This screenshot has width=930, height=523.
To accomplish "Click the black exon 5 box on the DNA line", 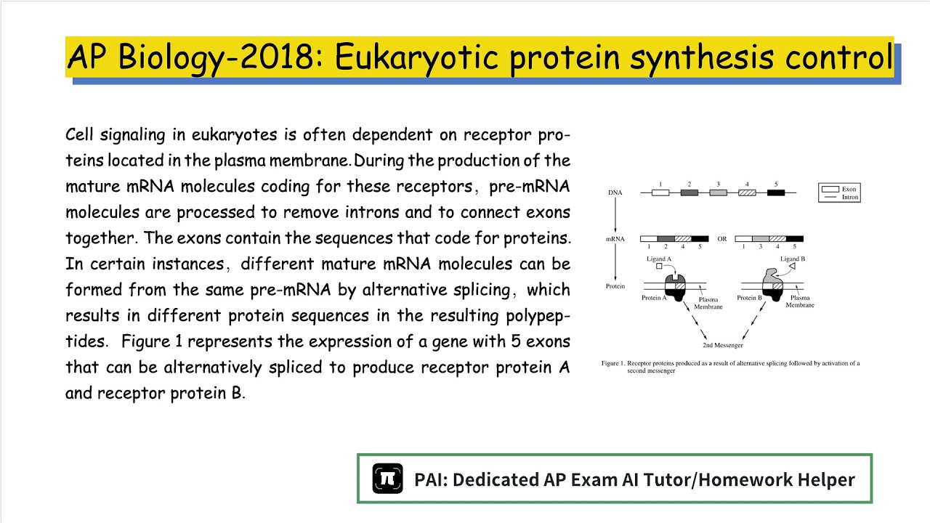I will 776,192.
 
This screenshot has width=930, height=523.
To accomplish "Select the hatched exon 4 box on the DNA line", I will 747,192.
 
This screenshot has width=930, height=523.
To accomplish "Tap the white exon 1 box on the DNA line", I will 660,192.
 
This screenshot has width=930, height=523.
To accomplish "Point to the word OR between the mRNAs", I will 722,239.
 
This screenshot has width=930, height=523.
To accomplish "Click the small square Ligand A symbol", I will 659,267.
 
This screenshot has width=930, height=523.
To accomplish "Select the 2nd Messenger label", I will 723,345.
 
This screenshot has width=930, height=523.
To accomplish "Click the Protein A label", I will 654,298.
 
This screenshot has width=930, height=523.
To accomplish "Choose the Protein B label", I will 749,298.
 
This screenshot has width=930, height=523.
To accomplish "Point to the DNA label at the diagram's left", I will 615,192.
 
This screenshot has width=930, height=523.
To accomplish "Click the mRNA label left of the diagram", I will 615,239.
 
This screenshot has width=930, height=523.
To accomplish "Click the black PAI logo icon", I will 388,479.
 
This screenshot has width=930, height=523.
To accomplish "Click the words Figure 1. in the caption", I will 613,363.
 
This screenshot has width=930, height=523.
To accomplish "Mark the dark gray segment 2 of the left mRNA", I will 666,239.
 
